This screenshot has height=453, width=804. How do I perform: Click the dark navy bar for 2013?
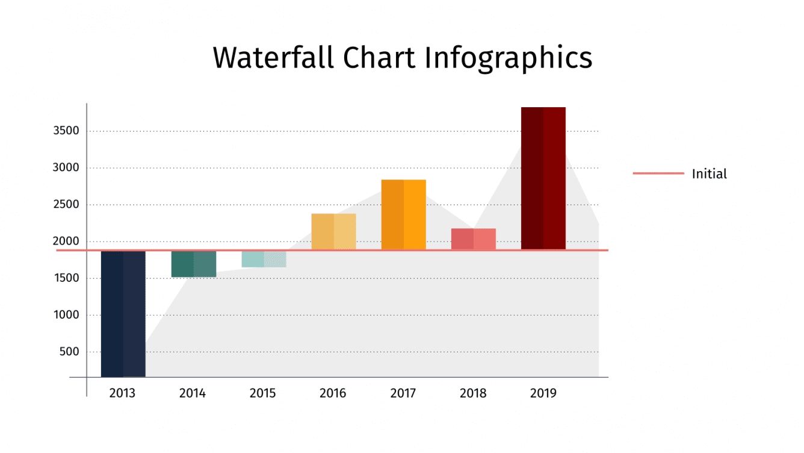123,313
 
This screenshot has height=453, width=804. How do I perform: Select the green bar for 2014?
193,264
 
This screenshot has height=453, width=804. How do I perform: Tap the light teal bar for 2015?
264,259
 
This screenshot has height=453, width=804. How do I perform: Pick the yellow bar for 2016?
333,231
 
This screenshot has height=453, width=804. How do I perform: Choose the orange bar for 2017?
403,214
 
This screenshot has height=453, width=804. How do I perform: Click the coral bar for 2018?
473,239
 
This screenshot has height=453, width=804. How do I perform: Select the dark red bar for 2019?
543,178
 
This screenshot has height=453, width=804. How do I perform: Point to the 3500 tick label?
66,131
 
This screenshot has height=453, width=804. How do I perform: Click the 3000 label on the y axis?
66,167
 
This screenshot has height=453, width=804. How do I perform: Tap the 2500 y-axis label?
66,204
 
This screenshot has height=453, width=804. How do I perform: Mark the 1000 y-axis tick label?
66,315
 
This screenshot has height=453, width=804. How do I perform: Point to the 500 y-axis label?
69,352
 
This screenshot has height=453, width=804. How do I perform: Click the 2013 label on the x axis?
122,393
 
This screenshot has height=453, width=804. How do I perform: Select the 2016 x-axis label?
333,393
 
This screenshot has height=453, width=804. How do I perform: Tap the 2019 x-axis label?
543,393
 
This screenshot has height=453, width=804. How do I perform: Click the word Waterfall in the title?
273,58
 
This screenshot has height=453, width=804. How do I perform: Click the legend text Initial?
709,174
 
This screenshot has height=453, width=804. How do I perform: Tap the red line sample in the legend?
658,173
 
